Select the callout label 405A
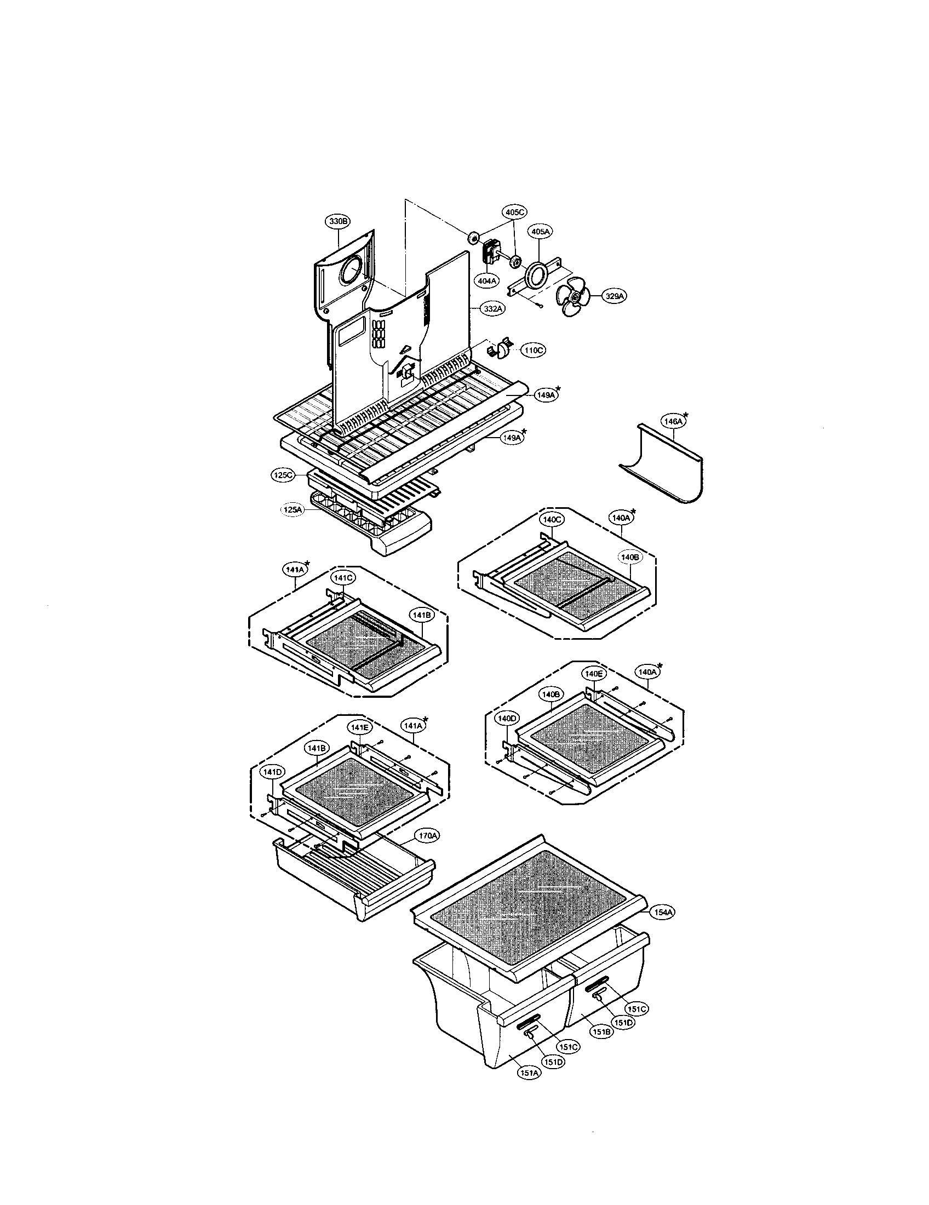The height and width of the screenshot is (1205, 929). [x=540, y=232]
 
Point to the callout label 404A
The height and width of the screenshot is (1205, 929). [x=487, y=282]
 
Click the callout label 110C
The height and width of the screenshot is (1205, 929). [x=534, y=351]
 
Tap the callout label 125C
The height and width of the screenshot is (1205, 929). [x=284, y=475]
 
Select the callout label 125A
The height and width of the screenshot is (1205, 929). [x=292, y=510]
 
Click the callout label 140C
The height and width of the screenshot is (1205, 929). [x=552, y=519]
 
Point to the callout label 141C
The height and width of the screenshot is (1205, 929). [x=341, y=578]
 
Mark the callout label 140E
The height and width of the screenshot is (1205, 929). [x=594, y=674]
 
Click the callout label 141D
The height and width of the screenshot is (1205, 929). [x=272, y=772]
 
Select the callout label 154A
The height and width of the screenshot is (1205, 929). [x=664, y=913]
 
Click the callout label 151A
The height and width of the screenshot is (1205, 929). [x=528, y=1072]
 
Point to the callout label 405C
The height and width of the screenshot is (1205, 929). [x=514, y=212]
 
